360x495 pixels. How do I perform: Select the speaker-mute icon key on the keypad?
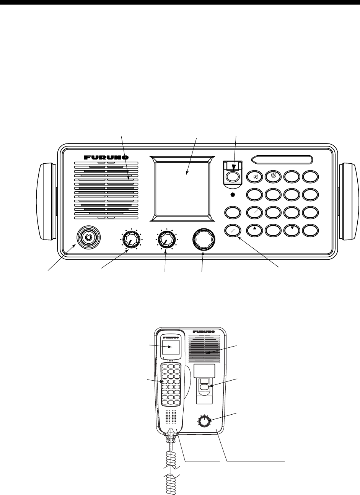pos(255,176)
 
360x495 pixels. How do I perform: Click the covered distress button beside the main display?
pos(233,176)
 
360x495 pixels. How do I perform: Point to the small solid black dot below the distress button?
pos(233,195)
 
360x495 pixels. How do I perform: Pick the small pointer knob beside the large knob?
pos(166,240)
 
